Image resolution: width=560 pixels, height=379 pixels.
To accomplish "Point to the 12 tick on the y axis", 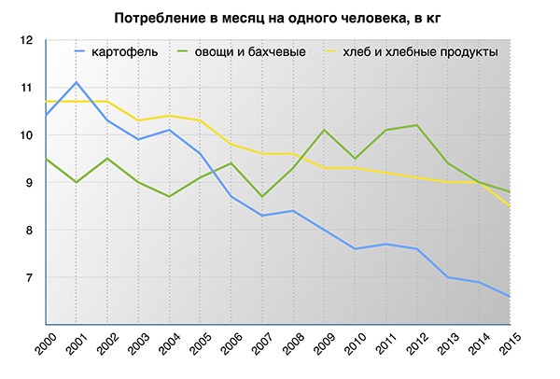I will [25, 40].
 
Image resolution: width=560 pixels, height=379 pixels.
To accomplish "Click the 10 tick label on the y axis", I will [25, 135].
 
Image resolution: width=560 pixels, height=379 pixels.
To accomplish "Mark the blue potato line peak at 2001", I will [77, 82].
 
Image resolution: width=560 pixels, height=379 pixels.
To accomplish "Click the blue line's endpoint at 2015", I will [509, 297].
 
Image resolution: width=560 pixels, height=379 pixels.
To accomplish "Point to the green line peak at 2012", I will [416, 125].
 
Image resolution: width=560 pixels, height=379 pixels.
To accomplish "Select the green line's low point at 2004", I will [169, 196].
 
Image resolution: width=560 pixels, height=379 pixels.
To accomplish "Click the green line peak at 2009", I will [323, 130].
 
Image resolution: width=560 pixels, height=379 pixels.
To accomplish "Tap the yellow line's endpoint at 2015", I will [509, 206].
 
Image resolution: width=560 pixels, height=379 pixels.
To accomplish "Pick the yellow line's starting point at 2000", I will [46, 101].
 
